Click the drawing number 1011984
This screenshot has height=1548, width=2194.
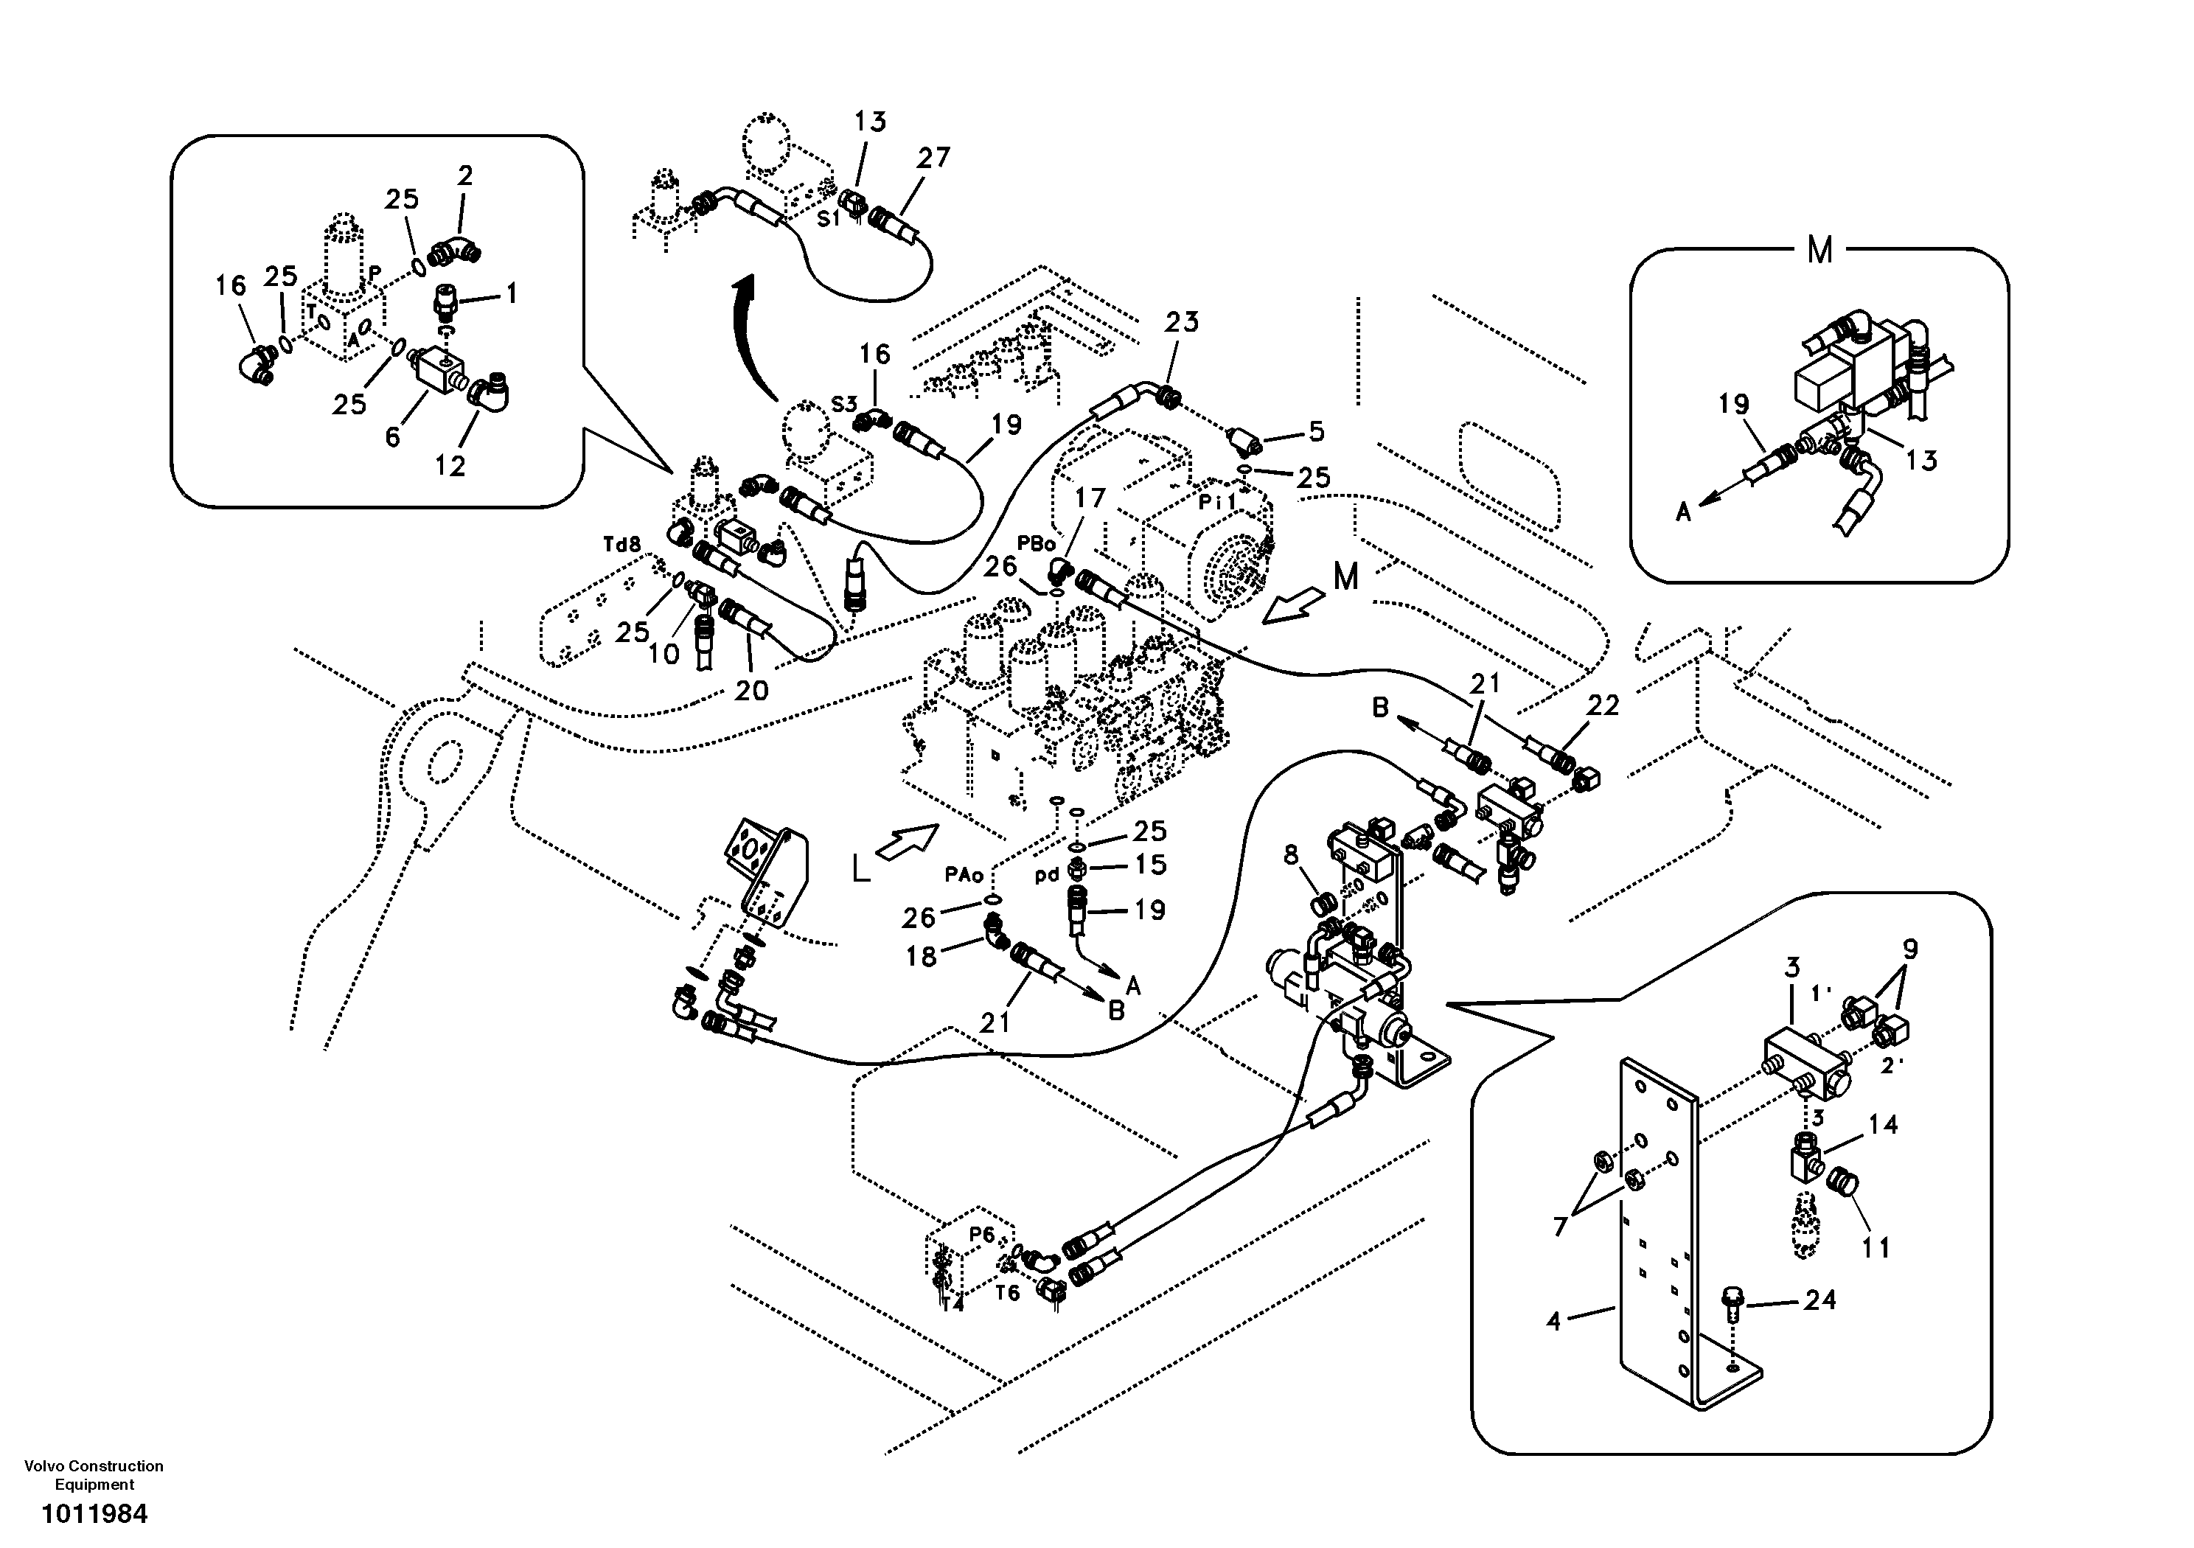(x=94, y=1515)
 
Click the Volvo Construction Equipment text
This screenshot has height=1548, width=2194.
(x=94, y=1474)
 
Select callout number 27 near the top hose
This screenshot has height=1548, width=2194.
(x=933, y=158)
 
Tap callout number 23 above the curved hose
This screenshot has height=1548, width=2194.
(x=1181, y=322)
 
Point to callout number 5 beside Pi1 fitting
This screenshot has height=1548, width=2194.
(x=1316, y=432)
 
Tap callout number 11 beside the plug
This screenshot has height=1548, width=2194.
(x=1875, y=1248)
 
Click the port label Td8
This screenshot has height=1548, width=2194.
(x=621, y=545)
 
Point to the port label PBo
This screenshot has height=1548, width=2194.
(x=1036, y=544)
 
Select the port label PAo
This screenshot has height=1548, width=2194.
(x=964, y=874)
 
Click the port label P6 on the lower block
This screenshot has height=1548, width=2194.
(x=981, y=1235)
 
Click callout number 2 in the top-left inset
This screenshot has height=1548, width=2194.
(x=464, y=176)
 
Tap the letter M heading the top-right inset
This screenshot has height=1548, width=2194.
(x=1819, y=251)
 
